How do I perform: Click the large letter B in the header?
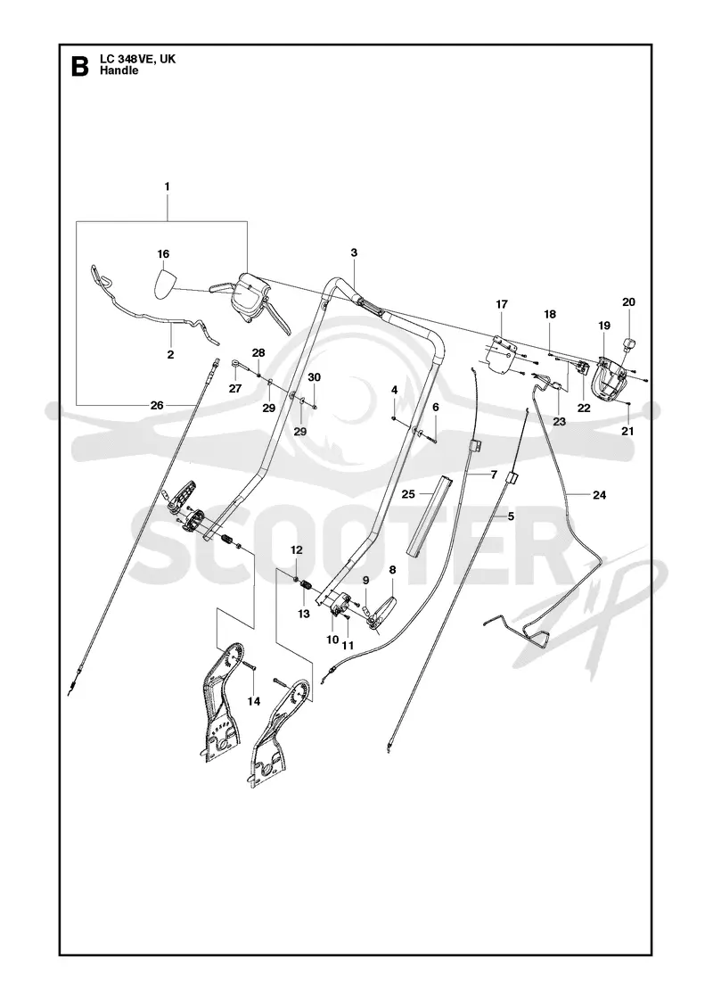[79, 66]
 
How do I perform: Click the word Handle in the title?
[119, 70]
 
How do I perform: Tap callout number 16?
[164, 253]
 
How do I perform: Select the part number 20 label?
[628, 302]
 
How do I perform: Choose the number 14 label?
[254, 701]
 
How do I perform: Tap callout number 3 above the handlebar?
[354, 252]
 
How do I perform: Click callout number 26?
[157, 405]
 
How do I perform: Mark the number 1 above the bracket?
[167, 186]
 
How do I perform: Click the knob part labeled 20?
[629, 344]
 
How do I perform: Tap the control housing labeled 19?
[610, 380]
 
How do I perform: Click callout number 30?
[314, 377]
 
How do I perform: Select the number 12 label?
[297, 549]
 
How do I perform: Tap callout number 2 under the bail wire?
[170, 355]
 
